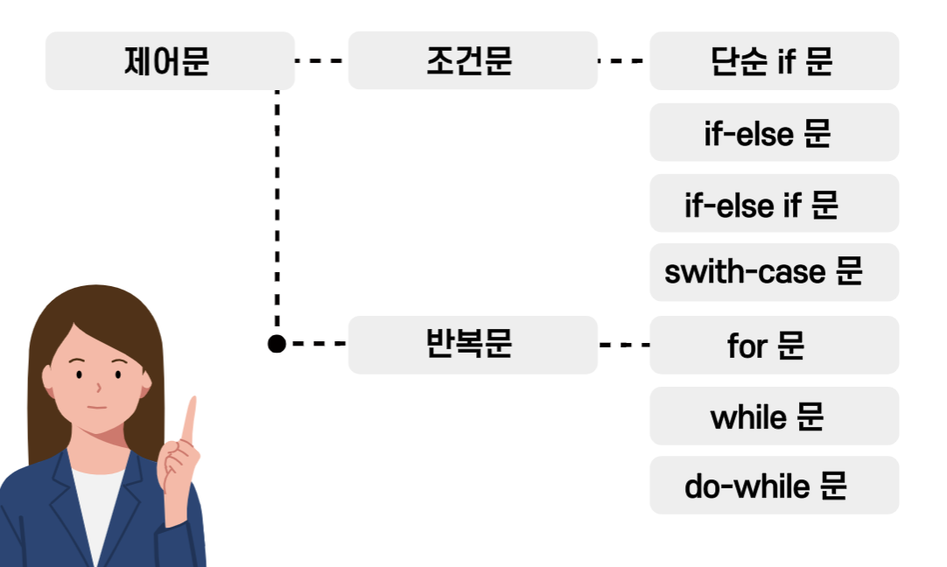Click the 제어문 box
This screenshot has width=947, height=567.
[x=170, y=61]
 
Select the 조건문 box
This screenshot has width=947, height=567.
[x=473, y=61]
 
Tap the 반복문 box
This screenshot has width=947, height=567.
[x=473, y=345]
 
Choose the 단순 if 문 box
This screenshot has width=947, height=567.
[x=774, y=61]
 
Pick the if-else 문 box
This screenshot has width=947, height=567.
[x=774, y=132]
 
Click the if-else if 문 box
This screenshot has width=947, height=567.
[x=774, y=203]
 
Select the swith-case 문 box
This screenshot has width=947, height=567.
[x=774, y=272]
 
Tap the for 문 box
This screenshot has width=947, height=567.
[x=774, y=345]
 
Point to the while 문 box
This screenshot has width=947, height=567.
[x=774, y=416]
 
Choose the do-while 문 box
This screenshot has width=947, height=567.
[x=774, y=485]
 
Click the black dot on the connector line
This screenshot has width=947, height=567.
[x=277, y=344]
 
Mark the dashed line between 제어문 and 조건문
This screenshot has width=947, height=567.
[x=320, y=61]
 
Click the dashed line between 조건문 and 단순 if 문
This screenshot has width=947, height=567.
[x=622, y=61]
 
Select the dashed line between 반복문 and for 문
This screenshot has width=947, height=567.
[x=624, y=345]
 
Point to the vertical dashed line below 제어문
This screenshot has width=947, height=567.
[x=277, y=210]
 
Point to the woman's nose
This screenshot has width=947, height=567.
[x=98, y=385]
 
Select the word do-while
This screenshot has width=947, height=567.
[x=747, y=486]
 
